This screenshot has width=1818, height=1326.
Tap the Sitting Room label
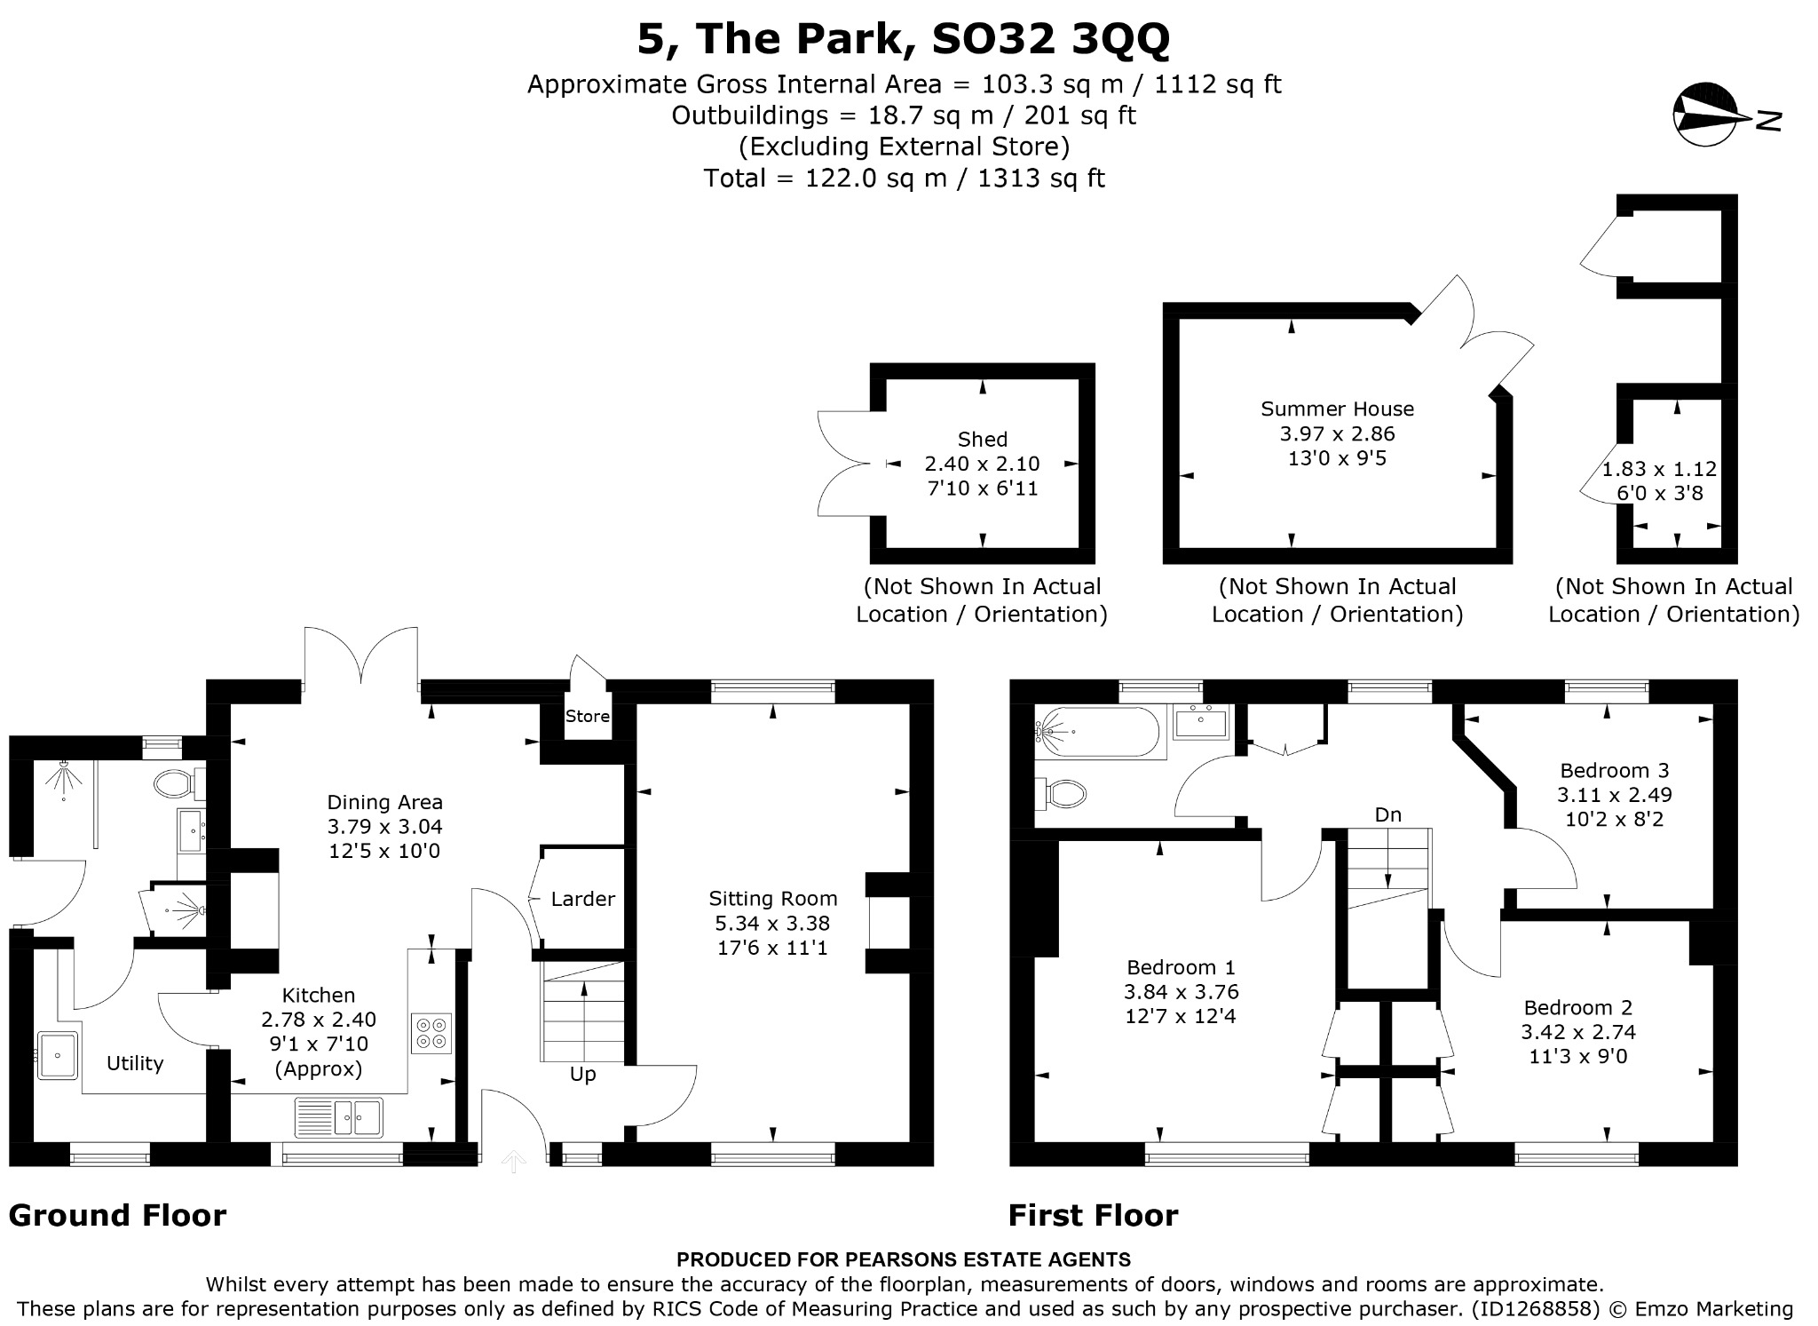pos(772,898)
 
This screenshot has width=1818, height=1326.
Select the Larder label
pos(582,899)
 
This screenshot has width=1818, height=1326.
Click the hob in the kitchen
pos(431,1033)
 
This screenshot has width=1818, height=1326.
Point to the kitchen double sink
pos(338,1117)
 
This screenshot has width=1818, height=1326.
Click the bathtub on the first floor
pos(1097,733)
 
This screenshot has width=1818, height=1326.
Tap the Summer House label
pos(1337,409)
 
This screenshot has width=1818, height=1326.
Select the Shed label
pos(982,439)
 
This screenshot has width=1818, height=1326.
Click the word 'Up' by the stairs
pos(582,1075)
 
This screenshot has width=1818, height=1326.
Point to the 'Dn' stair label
pos(1387,814)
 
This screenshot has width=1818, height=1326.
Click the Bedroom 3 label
pos(1614,770)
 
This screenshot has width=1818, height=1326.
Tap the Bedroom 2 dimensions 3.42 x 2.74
pos(1577,1032)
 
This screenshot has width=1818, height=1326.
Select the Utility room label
pos(135,1064)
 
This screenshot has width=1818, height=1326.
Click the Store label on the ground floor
pos(588,716)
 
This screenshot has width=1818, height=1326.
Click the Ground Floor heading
pos(117,1215)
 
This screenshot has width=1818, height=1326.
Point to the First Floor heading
pos(1093,1215)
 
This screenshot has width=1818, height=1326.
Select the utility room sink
pos(58,1055)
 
